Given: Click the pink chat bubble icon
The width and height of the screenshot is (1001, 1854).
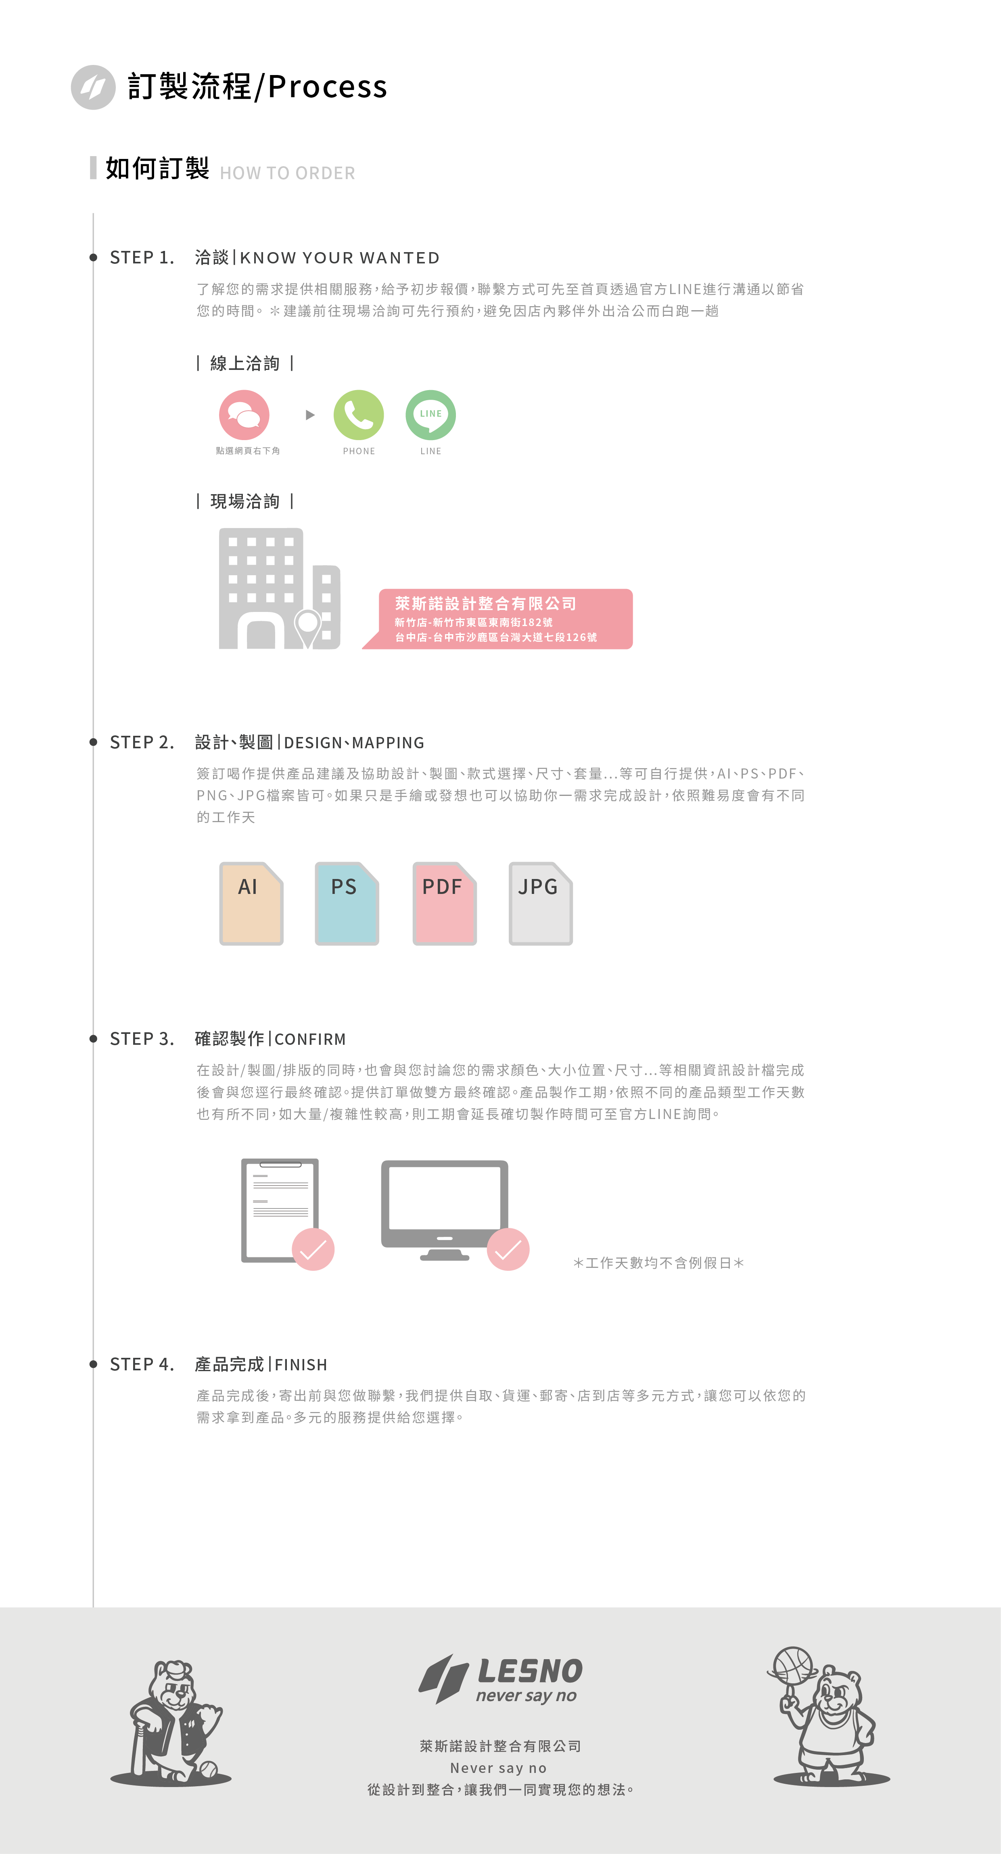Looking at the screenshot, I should [244, 415].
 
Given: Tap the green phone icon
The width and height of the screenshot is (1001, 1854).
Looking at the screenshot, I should [358, 415].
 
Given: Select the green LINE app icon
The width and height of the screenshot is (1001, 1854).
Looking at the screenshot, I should [430, 415].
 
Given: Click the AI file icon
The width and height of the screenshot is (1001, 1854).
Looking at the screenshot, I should [251, 903].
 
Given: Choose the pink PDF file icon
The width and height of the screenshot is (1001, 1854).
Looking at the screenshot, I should [444, 903].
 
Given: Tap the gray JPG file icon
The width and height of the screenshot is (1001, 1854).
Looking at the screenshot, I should [540, 903].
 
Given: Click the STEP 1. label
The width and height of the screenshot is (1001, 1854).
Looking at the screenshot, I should [142, 258].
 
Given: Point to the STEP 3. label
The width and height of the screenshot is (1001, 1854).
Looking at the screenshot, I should [142, 1039].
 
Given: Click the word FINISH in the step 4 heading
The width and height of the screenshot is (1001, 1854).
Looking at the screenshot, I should [301, 1365].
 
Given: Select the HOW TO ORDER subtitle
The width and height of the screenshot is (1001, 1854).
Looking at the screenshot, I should [287, 173].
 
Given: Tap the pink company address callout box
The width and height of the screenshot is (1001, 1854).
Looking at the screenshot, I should [504, 619].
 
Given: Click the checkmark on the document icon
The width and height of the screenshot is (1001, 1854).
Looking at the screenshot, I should [313, 1249].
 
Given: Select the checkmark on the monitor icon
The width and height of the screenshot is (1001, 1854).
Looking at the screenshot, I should [508, 1249].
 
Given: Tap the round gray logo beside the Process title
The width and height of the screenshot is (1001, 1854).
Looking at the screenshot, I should [93, 87].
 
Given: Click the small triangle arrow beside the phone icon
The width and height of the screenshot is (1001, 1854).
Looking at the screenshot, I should [310, 415].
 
